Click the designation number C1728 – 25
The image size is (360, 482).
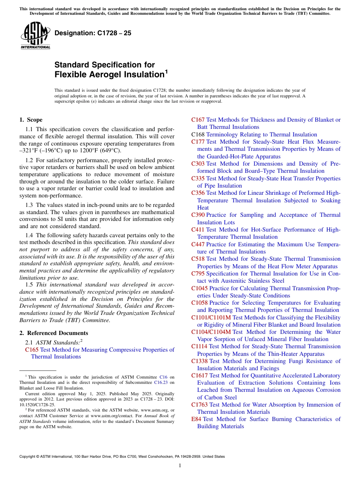click(93, 33)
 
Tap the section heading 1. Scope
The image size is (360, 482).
click(31, 120)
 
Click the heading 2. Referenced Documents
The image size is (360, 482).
click(53, 333)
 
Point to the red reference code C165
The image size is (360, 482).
click(31, 349)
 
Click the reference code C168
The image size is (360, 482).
click(198, 135)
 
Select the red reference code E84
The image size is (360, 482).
click(196, 419)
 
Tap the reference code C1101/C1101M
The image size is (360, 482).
click(211, 318)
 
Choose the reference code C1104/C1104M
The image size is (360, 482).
click(211, 332)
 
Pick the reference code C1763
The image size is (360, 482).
click(199, 405)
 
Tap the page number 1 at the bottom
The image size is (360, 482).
click(180, 465)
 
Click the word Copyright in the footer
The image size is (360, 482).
click(28, 457)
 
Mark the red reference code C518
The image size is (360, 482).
click(198, 259)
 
